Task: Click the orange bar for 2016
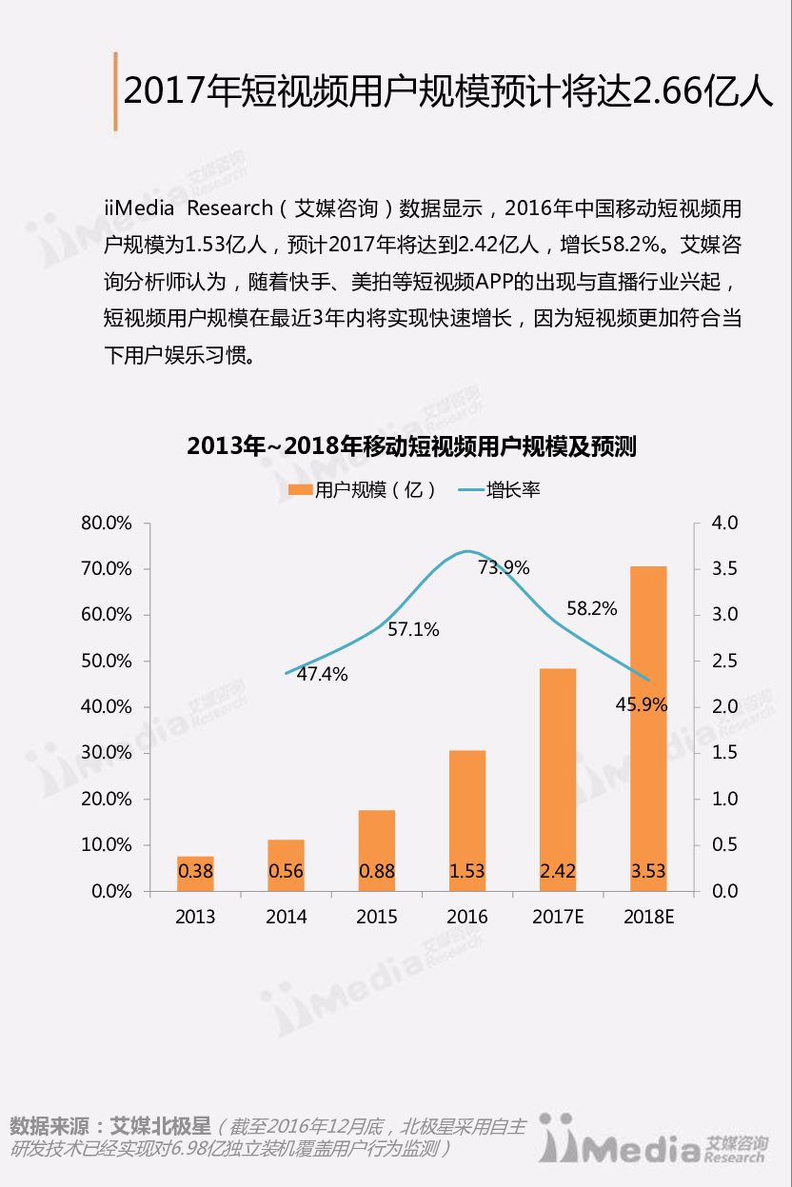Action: point(467,819)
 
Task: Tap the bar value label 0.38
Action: point(195,870)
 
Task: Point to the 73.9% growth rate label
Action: point(504,568)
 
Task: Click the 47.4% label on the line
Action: point(322,675)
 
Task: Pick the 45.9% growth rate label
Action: point(641,706)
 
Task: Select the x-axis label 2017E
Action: point(558,917)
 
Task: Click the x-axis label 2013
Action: point(195,917)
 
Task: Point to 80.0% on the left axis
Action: point(105,524)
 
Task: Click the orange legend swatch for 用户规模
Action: point(300,490)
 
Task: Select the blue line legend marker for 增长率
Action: point(471,491)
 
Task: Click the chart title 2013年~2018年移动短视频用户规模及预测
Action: point(411,446)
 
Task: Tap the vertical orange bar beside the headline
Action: point(114,91)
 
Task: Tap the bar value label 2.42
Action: point(558,870)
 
